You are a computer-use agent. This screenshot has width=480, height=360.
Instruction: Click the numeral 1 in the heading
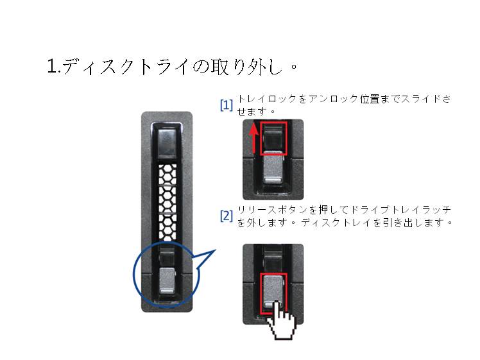pos(52,66)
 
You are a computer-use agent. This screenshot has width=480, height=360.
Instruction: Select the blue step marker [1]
pos(227,105)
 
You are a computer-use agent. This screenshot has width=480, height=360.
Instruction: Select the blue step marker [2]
pos(227,216)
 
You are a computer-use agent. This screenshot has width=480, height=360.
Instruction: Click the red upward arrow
pos(253,138)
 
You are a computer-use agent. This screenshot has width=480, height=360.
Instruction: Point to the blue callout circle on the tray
pos(133,274)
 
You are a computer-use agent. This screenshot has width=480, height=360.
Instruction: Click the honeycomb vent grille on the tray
pos(167,202)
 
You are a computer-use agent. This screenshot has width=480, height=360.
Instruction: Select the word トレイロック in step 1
pos(267,99)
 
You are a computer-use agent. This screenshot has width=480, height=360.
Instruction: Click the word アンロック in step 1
pos(333,99)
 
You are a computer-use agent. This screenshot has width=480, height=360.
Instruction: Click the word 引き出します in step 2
pos(413,223)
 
